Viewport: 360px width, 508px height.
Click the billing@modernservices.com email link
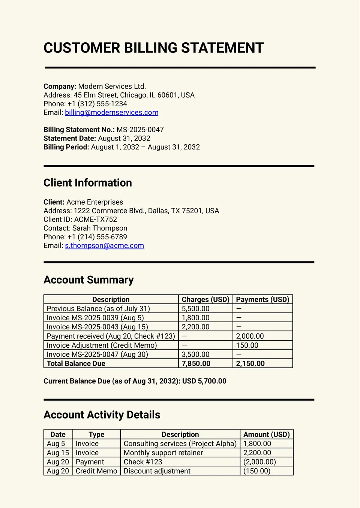pos(111,113)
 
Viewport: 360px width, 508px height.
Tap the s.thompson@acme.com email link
pos(104,246)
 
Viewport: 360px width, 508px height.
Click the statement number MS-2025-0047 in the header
pos(140,130)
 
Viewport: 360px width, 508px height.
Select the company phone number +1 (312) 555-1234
pos(97,104)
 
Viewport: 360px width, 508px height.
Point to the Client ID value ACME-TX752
pos(95,220)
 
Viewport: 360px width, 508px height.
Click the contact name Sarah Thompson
pos(99,229)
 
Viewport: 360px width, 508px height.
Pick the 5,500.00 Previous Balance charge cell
pos(195,309)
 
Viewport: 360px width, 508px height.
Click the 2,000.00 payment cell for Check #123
pos(250,336)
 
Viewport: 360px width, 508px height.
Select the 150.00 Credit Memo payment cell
pos(247,345)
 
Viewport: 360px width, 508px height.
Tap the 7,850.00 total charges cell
pos(196,364)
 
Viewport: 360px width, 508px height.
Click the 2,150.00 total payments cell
pos(250,364)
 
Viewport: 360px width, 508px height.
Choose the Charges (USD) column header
pos(205,300)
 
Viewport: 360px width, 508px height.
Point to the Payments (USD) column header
pos(262,300)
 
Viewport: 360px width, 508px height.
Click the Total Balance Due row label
pos(76,364)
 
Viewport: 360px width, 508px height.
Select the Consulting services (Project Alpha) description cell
pos(180,444)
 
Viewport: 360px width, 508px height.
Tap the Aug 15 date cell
pos(58,453)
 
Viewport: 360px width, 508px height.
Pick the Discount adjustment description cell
pos(157,471)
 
